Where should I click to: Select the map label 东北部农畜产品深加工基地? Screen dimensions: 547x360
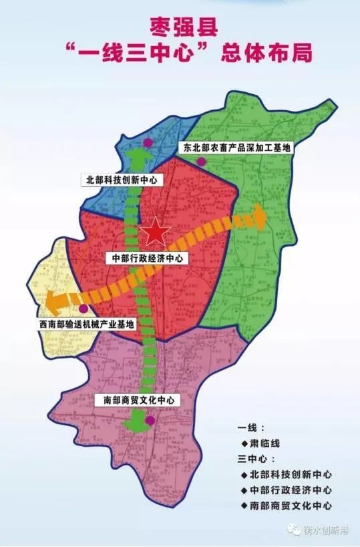(236, 147)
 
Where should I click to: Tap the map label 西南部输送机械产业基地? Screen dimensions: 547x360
(86, 324)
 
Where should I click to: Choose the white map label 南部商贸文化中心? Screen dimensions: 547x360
(134, 400)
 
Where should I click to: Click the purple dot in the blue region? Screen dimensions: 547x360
(148, 143)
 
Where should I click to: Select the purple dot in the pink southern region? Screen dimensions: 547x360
(151, 420)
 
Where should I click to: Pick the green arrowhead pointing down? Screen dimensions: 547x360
(139, 423)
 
